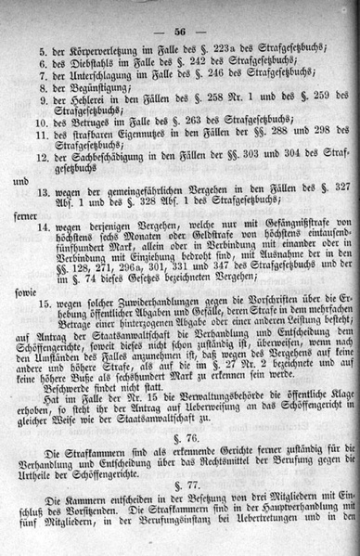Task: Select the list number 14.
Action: pyautogui.click(x=43, y=226)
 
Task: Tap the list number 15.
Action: pyautogui.click(x=43, y=303)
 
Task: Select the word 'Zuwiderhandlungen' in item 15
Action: pyautogui.click(x=135, y=303)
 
